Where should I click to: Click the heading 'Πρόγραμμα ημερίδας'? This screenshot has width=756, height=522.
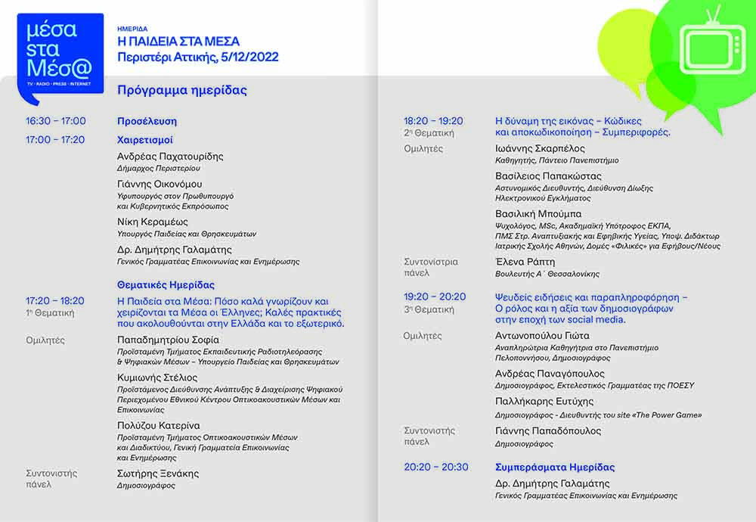182,90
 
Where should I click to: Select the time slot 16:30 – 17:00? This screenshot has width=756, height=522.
56,121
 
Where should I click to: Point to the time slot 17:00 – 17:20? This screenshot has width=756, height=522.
55,140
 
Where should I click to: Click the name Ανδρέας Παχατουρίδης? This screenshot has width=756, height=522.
170,157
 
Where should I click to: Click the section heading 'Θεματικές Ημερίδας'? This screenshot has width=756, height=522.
166,285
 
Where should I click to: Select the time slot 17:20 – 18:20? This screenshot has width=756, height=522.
55,300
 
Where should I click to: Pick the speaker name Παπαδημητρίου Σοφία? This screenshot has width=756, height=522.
168,340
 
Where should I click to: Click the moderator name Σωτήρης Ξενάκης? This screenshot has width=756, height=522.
158,474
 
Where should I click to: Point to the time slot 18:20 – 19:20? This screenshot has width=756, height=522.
433,121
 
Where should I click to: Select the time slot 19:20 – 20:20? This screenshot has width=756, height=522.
435,297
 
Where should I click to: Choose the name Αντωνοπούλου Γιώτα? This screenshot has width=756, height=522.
542,336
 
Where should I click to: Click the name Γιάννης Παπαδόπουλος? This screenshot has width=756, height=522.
548,431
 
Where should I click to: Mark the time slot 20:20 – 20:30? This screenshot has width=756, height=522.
436,467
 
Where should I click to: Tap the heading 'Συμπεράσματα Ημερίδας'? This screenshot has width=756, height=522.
555,467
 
